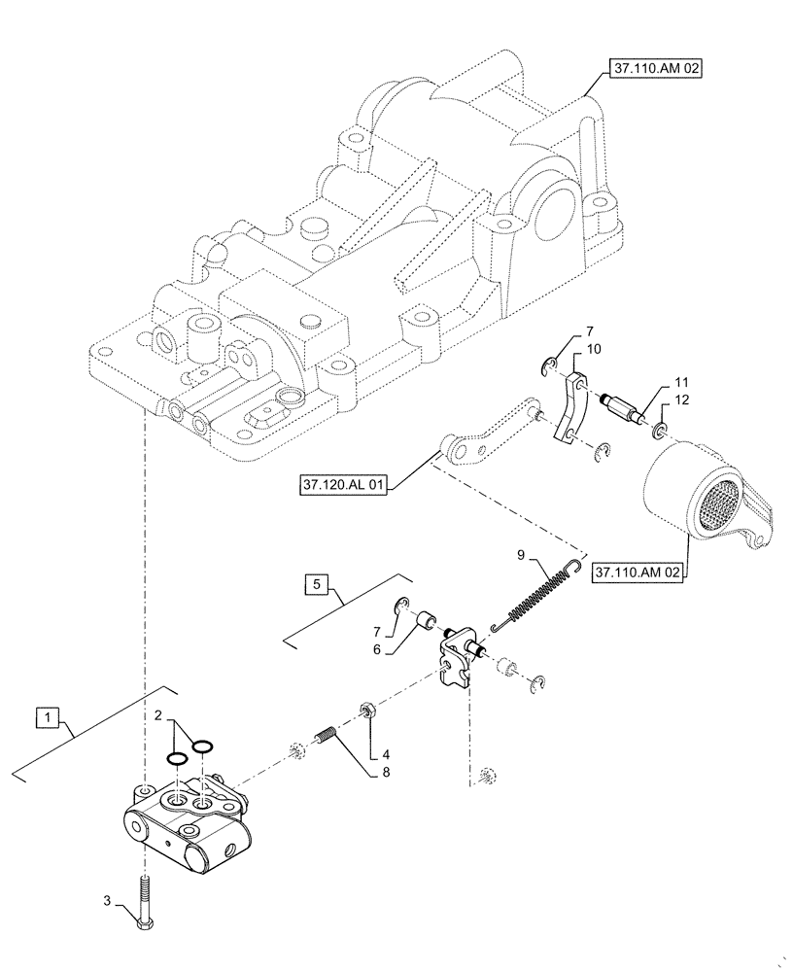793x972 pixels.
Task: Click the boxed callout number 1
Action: pos(47,718)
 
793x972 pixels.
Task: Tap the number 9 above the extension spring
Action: pos(522,556)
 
